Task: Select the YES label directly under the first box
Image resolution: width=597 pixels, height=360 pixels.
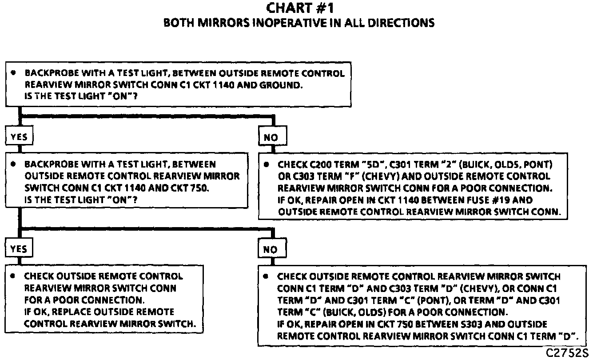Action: coord(19,137)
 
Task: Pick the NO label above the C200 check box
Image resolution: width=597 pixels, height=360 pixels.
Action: coord(271,137)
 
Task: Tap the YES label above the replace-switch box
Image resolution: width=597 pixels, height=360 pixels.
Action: coord(19,249)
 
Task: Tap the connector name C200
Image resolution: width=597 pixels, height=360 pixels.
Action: coord(319,164)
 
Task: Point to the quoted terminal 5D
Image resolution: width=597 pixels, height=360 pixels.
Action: coord(371,164)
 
